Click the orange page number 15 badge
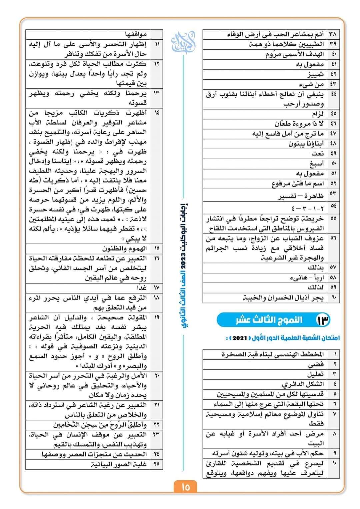tap(186, 487)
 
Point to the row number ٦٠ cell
tap(333, 298)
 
